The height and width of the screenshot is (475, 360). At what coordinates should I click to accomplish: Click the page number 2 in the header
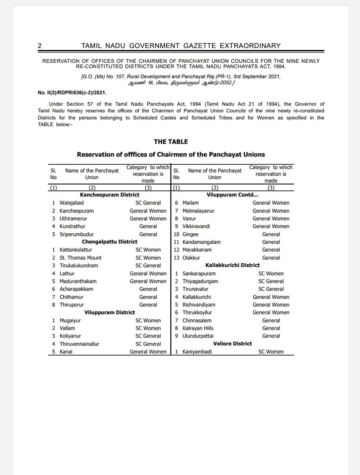(40, 46)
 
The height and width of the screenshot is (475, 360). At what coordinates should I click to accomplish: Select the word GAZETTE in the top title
(200, 46)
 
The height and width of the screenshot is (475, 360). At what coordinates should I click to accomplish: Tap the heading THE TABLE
(171, 141)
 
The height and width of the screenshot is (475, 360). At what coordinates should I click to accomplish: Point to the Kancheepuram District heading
(109, 195)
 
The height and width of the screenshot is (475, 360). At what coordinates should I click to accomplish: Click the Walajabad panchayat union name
(71, 203)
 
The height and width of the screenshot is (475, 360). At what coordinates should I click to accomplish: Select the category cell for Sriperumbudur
(148, 234)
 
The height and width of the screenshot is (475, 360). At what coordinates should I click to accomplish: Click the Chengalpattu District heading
(109, 242)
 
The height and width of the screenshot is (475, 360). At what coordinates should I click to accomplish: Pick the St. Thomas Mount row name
(81, 258)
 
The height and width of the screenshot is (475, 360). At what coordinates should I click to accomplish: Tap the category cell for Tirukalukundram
(148, 265)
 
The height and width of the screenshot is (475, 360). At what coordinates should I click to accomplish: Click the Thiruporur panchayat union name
(71, 305)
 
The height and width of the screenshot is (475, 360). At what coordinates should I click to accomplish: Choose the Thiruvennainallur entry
(79, 344)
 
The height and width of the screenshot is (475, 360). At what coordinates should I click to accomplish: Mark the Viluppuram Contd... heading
(232, 195)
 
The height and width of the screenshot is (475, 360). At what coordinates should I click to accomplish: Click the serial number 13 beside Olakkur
(176, 258)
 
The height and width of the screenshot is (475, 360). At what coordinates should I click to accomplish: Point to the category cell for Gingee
(271, 234)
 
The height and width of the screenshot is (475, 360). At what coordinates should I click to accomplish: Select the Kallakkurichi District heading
(232, 265)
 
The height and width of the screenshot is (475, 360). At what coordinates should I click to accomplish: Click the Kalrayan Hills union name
(198, 328)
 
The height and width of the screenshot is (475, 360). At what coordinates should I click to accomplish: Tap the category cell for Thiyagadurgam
(271, 281)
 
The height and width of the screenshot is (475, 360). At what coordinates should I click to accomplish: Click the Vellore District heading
(232, 344)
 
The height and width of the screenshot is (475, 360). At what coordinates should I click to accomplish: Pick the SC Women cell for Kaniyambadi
(271, 352)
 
